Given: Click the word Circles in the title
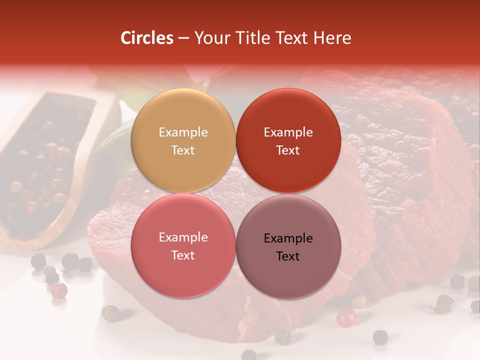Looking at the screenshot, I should (x=147, y=38).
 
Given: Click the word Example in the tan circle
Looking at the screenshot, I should (x=183, y=132).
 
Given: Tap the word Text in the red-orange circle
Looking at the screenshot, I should (x=288, y=150).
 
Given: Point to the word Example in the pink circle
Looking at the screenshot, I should (x=183, y=237).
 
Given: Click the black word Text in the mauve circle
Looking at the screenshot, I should (x=288, y=256).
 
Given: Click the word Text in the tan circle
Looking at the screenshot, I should (x=183, y=150).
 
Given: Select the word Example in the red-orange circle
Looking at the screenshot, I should (x=288, y=132).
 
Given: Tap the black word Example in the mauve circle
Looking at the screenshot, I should (x=288, y=238).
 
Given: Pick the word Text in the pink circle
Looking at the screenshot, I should (x=183, y=255).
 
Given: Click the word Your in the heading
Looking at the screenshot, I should (x=210, y=38).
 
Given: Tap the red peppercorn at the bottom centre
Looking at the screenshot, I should (x=345, y=317).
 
